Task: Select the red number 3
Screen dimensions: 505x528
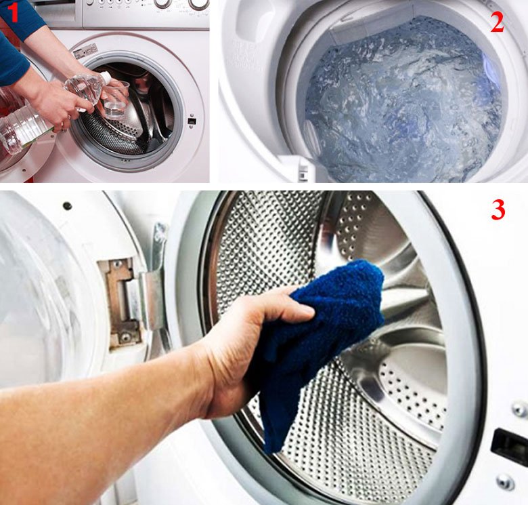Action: point(498,209)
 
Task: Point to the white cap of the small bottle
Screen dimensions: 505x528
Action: point(105,77)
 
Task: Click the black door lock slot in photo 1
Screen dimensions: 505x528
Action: point(192,121)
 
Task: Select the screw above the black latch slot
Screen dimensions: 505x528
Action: point(519,409)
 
